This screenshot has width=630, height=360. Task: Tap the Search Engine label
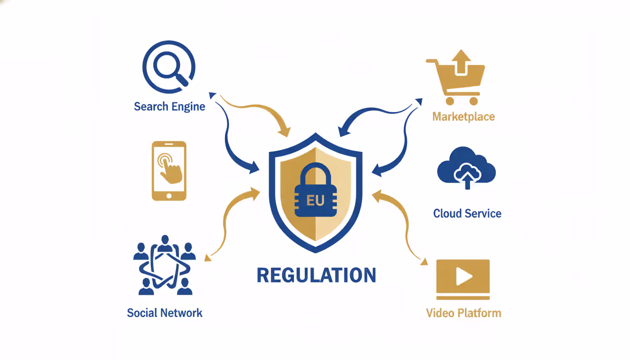tap(169, 106)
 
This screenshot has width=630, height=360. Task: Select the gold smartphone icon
tap(169, 171)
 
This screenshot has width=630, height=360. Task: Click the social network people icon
tap(165, 265)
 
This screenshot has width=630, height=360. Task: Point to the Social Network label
tap(165, 313)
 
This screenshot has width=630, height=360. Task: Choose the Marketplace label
tap(463, 116)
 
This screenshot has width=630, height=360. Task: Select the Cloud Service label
tap(467, 213)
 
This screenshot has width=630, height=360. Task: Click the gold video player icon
tap(463, 279)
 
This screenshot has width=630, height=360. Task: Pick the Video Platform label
tap(463, 313)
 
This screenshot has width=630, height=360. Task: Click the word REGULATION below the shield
tap(316, 275)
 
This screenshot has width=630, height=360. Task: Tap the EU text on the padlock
tap(315, 201)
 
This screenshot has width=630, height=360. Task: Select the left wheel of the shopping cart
tap(450, 101)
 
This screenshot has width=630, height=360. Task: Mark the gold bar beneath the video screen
tap(463, 297)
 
